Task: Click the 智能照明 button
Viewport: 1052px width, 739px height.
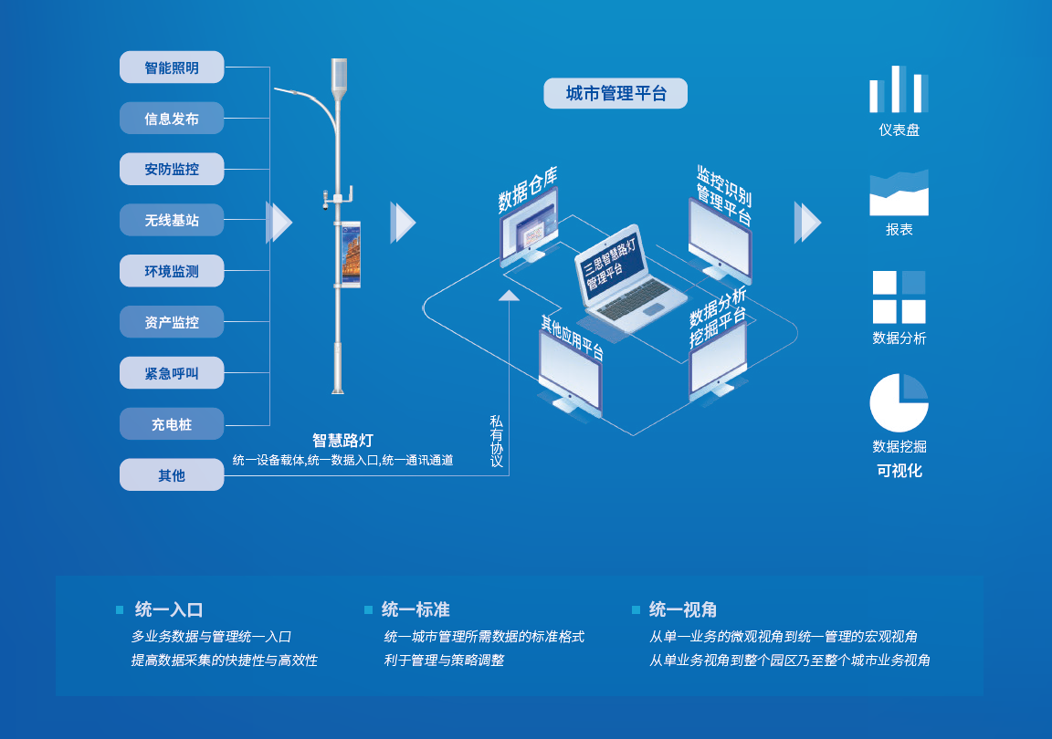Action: pyautogui.click(x=172, y=68)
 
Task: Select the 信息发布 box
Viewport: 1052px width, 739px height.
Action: pyautogui.click(x=172, y=119)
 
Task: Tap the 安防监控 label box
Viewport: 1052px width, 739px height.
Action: pyautogui.click(x=172, y=170)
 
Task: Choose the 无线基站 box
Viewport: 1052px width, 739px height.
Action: pyautogui.click(x=172, y=220)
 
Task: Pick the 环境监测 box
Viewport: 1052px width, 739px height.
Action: pyautogui.click(x=172, y=271)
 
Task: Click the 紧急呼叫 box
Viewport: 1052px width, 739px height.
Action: pyautogui.click(x=172, y=373)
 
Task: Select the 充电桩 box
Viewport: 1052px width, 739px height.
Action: pyautogui.click(x=172, y=424)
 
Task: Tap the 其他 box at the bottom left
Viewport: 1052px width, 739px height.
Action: pyautogui.click(x=172, y=475)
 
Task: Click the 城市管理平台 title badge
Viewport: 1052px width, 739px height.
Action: pyautogui.click(x=615, y=94)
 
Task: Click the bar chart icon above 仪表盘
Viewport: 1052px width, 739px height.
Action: pyautogui.click(x=899, y=88)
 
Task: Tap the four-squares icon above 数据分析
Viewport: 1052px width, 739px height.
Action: pyautogui.click(x=899, y=297)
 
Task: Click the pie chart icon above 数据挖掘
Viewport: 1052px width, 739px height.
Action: pyautogui.click(x=899, y=403)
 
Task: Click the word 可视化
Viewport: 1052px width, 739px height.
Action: pyautogui.click(x=899, y=471)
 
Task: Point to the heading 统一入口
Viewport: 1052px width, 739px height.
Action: pyautogui.click(x=169, y=609)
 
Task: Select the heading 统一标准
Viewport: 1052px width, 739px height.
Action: pyautogui.click(x=416, y=609)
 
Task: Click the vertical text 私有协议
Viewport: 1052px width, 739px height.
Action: pyautogui.click(x=496, y=442)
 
